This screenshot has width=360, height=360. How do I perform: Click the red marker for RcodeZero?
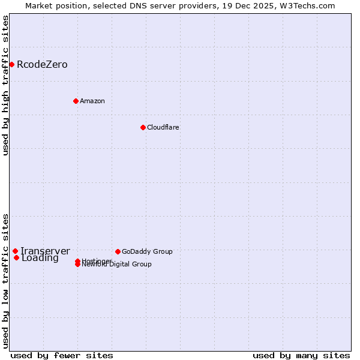point(11,64)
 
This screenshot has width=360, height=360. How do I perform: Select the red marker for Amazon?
point(76,101)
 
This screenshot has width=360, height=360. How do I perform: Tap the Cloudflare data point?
point(143,127)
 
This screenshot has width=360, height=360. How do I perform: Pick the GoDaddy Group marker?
point(118,251)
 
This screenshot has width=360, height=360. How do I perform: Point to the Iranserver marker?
point(15,251)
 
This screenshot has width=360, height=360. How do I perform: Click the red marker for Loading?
point(16,258)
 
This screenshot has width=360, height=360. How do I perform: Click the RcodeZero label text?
point(42,65)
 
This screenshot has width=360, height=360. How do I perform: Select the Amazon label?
point(92,101)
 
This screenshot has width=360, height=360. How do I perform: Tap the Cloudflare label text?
point(163,127)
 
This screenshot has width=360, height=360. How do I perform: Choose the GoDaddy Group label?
point(147,251)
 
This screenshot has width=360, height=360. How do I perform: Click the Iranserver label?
point(45,251)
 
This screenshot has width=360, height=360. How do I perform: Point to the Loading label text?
point(40,259)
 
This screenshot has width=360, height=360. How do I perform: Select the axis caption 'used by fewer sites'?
point(62,355)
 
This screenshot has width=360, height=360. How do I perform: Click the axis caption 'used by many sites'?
point(301,355)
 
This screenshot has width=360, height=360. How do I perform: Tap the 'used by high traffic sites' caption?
point(5,85)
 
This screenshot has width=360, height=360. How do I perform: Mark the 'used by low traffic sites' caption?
point(5,280)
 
